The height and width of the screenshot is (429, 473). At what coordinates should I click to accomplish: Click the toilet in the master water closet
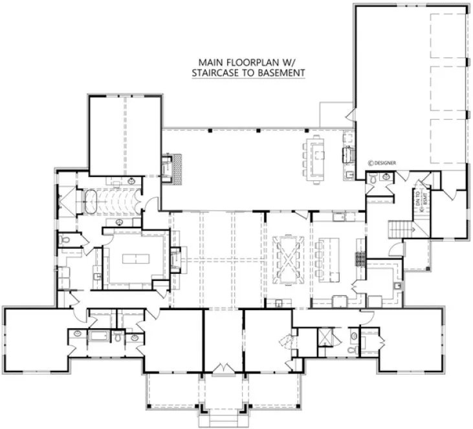(65, 241)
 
